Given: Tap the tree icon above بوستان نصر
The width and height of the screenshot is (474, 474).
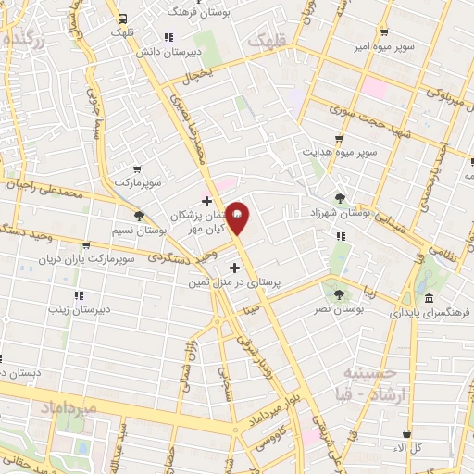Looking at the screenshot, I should (340, 293).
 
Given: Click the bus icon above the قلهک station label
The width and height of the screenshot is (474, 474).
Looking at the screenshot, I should (122, 18).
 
